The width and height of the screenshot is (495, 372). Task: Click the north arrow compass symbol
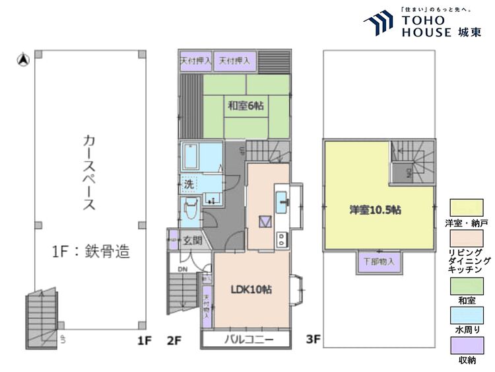[22, 61]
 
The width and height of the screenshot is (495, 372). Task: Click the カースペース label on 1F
[88, 172]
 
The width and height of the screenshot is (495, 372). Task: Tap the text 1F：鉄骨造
[90, 251]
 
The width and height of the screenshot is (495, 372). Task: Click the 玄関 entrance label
[193, 241]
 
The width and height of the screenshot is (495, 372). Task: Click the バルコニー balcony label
[246, 340]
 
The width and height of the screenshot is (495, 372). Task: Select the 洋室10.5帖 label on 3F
[376, 210]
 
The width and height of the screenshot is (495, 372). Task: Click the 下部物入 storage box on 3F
[379, 262]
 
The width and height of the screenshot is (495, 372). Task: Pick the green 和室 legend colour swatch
[467, 286]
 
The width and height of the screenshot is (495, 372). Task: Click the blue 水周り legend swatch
[467, 316]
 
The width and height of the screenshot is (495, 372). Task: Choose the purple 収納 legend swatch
[467, 346]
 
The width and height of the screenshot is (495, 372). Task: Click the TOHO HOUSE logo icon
[378, 24]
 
